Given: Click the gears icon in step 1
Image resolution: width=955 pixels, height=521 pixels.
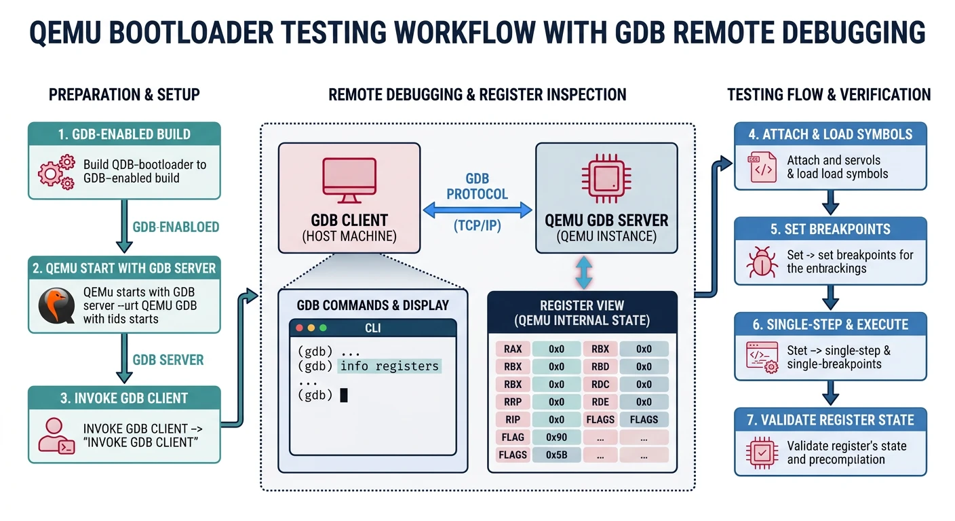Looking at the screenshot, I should (x=56, y=172).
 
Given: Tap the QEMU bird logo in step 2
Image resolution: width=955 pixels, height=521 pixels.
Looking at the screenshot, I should (x=56, y=305).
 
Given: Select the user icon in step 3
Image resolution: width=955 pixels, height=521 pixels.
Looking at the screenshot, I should (x=56, y=436).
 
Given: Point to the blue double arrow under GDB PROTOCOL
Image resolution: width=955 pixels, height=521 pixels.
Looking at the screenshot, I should (x=477, y=211).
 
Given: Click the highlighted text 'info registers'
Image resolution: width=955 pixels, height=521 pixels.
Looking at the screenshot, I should (x=389, y=366).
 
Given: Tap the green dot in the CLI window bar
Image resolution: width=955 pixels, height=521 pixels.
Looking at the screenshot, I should (x=323, y=328).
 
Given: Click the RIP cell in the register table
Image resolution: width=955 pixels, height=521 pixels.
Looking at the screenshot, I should (x=513, y=419).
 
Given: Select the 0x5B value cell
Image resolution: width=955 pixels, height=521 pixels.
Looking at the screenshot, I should (x=556, y=455).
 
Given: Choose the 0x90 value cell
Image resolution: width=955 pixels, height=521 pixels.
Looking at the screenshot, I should (x=556, y=437).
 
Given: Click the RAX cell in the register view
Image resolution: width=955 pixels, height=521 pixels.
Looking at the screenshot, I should (x=513, y=349).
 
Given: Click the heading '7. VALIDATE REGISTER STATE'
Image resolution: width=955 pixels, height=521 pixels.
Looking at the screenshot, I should (x=830, y=420).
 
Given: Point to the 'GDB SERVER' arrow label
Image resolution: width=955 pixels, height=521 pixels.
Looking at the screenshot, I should (x=168, y=360).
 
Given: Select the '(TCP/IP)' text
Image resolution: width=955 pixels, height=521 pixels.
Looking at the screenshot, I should (x=477, y=226).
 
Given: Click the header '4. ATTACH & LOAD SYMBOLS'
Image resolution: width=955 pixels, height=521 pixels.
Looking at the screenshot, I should (x=830, y=134).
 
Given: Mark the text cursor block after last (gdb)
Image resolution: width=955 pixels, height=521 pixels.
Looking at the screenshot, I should (x=344, y=395).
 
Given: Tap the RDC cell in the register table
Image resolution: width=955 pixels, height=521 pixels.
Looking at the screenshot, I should (x=600, y=385).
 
